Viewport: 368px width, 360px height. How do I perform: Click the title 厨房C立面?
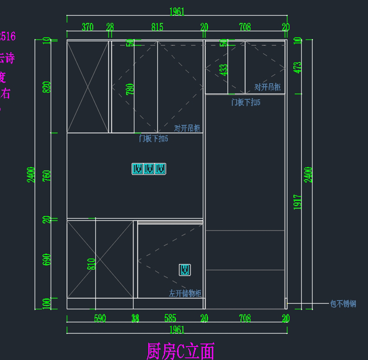[x=180, y=351]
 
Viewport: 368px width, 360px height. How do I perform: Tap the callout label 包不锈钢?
[x=343, y=304]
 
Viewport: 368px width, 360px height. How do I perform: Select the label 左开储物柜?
[x=185, y=293]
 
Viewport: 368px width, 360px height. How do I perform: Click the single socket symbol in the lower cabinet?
[x=185, y=270]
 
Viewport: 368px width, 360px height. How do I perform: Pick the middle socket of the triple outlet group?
[x=149, y=169]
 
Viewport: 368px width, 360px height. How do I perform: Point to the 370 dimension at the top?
[x=87, y=27]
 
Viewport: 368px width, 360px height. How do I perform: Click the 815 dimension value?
[x=157, y=27]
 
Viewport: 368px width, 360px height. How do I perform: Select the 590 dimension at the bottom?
[x=100, y=318]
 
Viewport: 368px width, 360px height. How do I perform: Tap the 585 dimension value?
[x=170, y=318]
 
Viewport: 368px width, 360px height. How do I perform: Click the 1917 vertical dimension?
[x=297, y=202]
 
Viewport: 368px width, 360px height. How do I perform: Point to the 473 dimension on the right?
[x=297, y=68]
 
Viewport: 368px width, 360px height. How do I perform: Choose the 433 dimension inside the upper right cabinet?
[x=224, y=70]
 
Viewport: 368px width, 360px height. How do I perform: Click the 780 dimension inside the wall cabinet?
[x=130, y=89]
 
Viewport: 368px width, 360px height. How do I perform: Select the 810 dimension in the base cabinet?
[x=91, y=264]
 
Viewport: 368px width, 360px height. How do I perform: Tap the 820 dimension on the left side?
[x=47, y=87]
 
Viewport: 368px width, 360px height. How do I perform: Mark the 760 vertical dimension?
[x=47, y=176]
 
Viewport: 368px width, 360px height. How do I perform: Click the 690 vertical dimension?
[x=47, y=259]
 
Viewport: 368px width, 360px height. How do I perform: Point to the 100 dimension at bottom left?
[x=47, y=303]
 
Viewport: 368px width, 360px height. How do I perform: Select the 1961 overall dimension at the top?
[x=177, y=12]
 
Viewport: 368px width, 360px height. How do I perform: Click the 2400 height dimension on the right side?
[x=308, y=175]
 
